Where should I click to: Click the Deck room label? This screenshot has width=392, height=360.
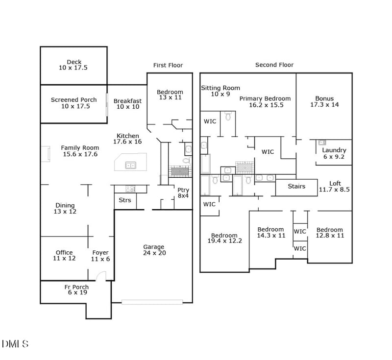coord(73,62)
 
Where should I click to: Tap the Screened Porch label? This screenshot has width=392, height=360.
coord(74,100)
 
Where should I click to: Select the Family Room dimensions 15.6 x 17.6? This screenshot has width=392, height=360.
coord(80,154)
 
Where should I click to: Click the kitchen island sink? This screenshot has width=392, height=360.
coord(131,166)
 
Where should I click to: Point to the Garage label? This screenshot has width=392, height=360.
coord(153,247)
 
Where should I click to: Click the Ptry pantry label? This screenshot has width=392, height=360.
coord(183,190)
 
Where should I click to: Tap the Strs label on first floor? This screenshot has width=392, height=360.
coord(125,200)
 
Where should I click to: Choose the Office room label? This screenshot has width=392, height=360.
coord(64,253)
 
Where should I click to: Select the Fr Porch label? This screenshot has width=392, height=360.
coord(76,287)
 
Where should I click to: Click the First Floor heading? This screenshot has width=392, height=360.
coord(168,65)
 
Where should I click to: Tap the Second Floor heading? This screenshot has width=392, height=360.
coord(274,65)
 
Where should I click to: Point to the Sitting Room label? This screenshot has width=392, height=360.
coord(220,88)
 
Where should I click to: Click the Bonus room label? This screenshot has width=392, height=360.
coord(324,98)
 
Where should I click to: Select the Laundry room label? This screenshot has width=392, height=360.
coord(334,150)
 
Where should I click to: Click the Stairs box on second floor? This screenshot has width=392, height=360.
coord(296,187)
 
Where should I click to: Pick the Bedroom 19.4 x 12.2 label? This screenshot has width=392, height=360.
coord(224,236)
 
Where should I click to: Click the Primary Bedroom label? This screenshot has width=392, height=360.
coord(265,98)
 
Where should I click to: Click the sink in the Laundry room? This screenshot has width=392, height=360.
coord(322,143)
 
